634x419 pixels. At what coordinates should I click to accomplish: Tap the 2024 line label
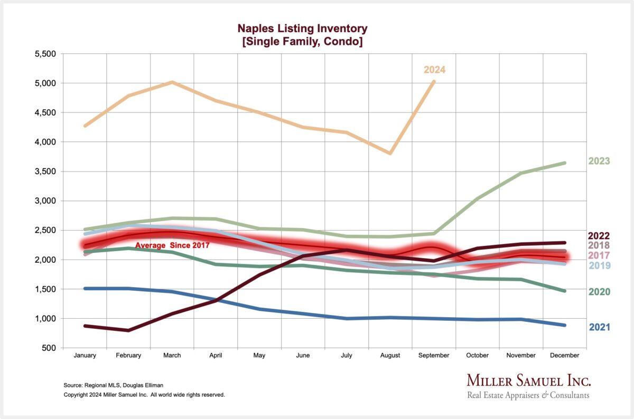435,70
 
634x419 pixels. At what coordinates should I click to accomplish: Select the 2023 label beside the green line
599,161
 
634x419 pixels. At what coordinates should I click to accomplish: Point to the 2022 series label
599,236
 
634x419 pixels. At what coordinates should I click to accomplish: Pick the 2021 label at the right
599,327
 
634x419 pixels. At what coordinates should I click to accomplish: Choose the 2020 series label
599,292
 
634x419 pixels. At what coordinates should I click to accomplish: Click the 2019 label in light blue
599,266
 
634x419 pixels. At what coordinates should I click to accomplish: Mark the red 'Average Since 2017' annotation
172,245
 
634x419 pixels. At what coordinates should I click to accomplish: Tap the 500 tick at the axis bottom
48,348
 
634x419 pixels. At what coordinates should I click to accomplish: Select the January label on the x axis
85,356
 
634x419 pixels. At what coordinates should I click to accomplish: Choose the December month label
565,356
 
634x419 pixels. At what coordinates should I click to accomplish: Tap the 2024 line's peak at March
172,82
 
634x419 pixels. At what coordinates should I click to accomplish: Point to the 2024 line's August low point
390,153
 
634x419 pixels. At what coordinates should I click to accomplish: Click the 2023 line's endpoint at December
565,163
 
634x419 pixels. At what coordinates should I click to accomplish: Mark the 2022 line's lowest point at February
128,330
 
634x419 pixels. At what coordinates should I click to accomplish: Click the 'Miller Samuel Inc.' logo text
528,381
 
